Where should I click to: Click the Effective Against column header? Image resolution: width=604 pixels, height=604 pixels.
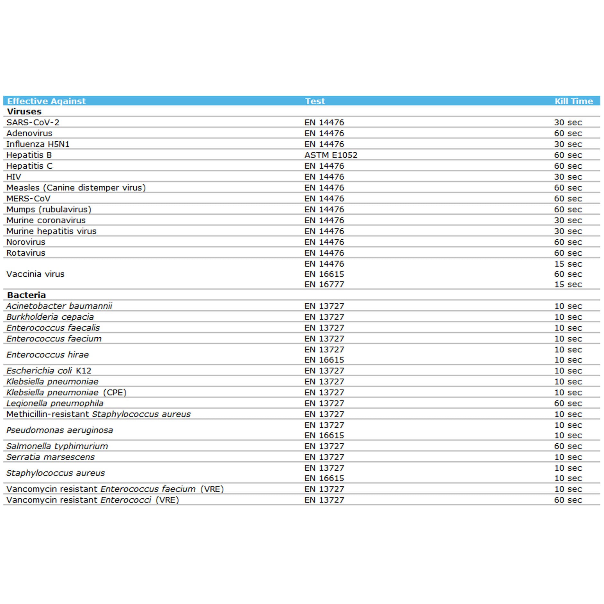[x=46, y=101]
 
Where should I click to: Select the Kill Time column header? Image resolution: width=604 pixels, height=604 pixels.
[x=573, y=101]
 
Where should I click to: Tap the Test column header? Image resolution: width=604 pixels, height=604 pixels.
[x=315, y=101]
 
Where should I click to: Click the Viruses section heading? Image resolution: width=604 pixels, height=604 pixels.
[x=24, y=111]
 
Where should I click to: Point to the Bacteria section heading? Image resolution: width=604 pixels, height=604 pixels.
[x=27, y=295]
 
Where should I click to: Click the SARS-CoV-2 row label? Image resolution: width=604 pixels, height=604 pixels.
[x=33, y=122]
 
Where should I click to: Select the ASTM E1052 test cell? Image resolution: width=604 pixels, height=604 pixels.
[x=331, y=155]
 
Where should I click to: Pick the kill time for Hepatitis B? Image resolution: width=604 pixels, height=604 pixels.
[x=568, y=155]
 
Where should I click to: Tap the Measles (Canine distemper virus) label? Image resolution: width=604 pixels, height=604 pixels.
[x=76, y=188]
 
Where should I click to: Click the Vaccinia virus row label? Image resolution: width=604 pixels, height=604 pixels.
[x=35, y=274]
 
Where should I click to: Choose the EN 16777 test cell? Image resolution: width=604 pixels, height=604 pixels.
[x=324, y=284]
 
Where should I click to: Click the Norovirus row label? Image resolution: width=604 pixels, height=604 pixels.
[x=26, y=242]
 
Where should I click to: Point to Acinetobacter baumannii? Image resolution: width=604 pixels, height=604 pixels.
[x=59, y=306]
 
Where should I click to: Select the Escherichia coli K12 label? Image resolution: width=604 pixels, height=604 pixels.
[x=49, y=371]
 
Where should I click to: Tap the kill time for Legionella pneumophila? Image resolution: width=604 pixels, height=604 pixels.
[x=568, y=403]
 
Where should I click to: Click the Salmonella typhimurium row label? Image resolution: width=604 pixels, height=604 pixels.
[x=57, y=446]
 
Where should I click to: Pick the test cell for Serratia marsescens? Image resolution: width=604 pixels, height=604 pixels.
[x=324, y=457]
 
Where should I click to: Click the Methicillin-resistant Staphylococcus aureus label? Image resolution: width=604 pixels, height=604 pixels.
[x=98, y=414]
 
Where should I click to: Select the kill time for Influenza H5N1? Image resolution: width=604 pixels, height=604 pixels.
[x=568, y=144]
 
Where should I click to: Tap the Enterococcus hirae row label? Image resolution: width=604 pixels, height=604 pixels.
[x=48, y=355]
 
